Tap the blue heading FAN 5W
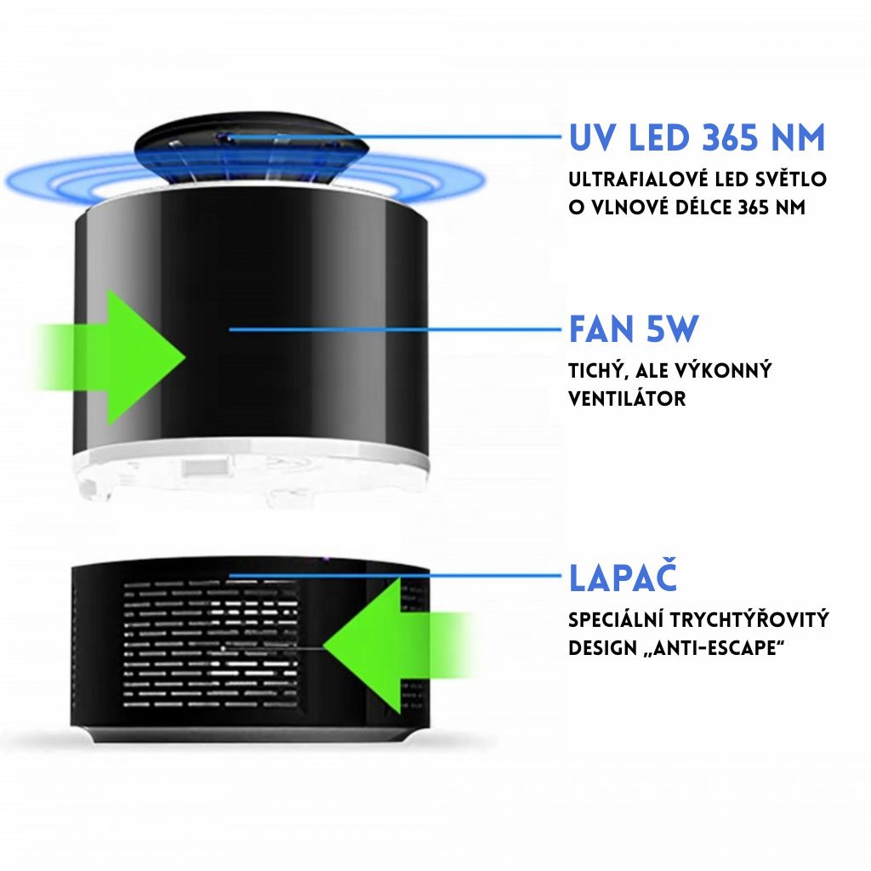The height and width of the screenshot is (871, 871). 634,329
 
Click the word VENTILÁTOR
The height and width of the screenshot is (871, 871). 627,398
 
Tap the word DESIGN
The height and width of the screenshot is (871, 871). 603,647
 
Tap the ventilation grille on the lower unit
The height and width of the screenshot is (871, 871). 211,644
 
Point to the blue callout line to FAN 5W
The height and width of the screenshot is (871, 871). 395,329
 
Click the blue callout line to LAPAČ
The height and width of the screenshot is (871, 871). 395,576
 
